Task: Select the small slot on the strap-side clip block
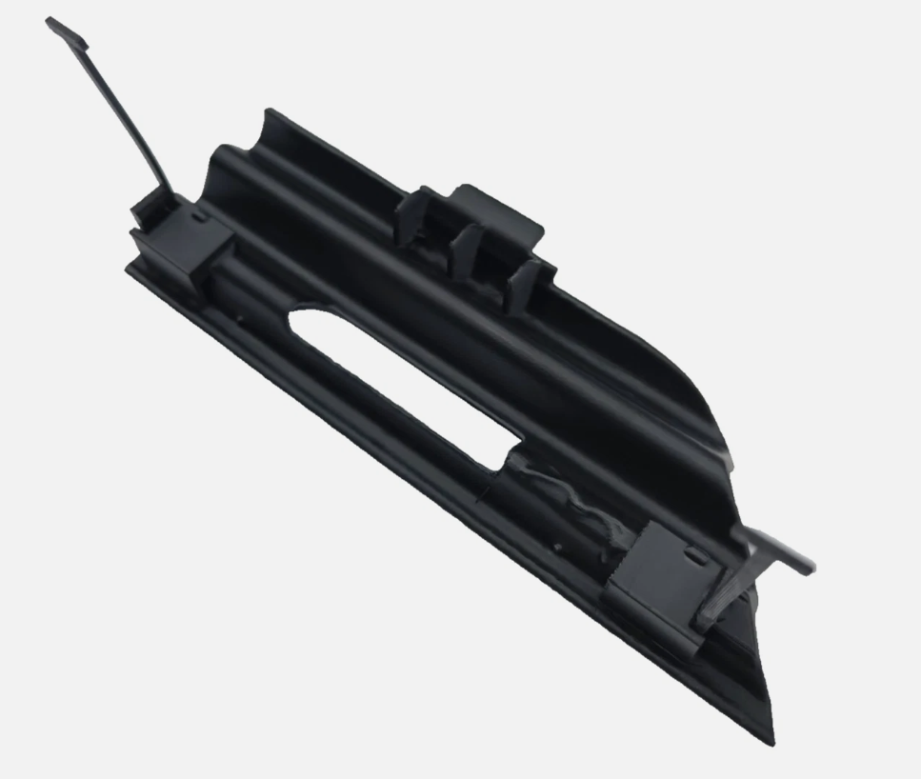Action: [198, 218]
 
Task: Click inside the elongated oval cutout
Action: [400, 381]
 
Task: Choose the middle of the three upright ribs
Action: [466, 245]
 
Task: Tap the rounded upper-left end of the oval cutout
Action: [303, 320]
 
